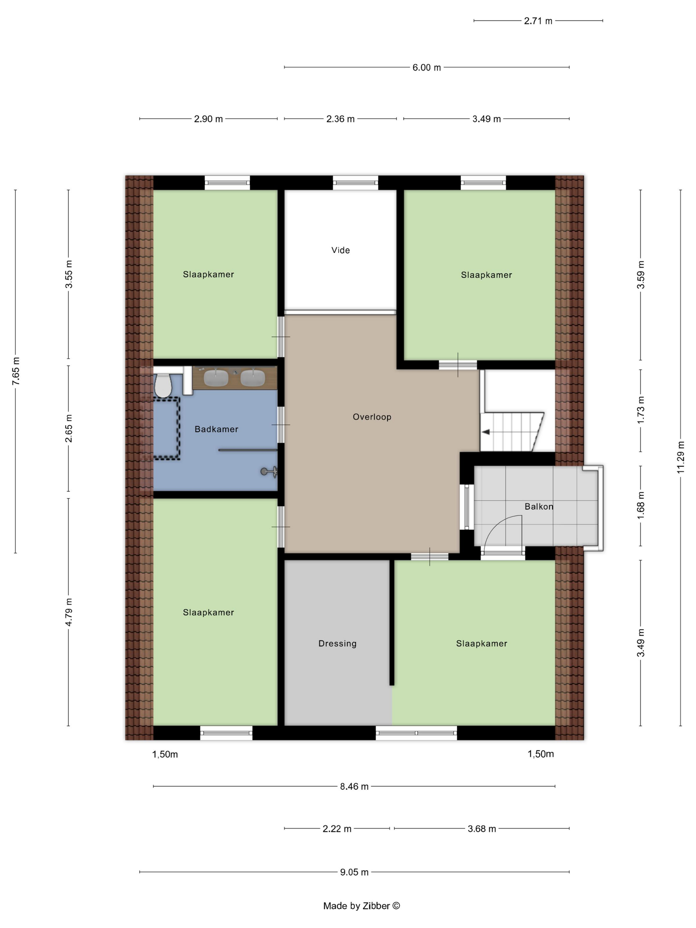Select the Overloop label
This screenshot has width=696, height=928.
pyautogui.click(x=372, y=417)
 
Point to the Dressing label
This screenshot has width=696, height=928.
pyautogui.click(x=337, y=644)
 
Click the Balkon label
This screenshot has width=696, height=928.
pyautogui.click(x=539, y=506)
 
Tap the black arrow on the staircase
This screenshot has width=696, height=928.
pyautogui.click(x=486, y=432)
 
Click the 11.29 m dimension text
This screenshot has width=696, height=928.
pyautogui.click(x=680, y=457)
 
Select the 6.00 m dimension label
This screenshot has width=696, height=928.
pyautogui.click(x=427, y=68)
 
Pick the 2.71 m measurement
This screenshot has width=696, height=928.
pyautogui.click(x=538, y=21)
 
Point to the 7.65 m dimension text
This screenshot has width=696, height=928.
pyautogui.click(x=16, y=371)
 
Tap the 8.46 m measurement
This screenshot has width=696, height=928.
pyautogui.click(x=354, y=786)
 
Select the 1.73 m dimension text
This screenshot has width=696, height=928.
pyautogui.click(x=641, y=410)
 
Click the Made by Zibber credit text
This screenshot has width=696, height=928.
pyautogui.click(x=361, y=906)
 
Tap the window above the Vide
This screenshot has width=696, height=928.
pyautogui.click(x=355, y=183)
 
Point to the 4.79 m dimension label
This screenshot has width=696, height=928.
pyautogui.click(x=68, y=612)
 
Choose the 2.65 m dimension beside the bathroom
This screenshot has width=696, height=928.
pyautogui.click(x=68, y=428)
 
